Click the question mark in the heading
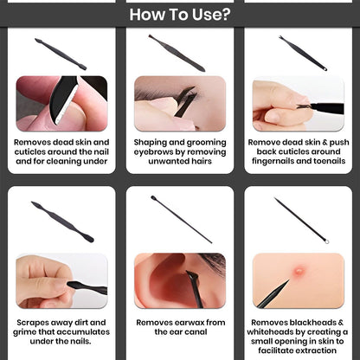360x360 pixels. coord(225,15)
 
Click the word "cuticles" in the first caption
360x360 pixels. coord(30,151)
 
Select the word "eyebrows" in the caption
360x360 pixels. coord(151,152)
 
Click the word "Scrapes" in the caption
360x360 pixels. coord(32,323)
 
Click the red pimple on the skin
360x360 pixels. coord(299,271)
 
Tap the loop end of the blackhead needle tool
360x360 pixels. coord(326,241)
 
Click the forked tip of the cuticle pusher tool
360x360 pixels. coord(280,38)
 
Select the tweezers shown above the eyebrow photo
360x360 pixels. coord(177,53)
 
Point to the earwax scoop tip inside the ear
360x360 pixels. coord(190,275)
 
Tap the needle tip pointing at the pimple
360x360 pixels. coord(288,280)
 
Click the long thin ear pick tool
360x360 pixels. coord(182,219)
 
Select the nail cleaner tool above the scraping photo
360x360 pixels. coord(62,222)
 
